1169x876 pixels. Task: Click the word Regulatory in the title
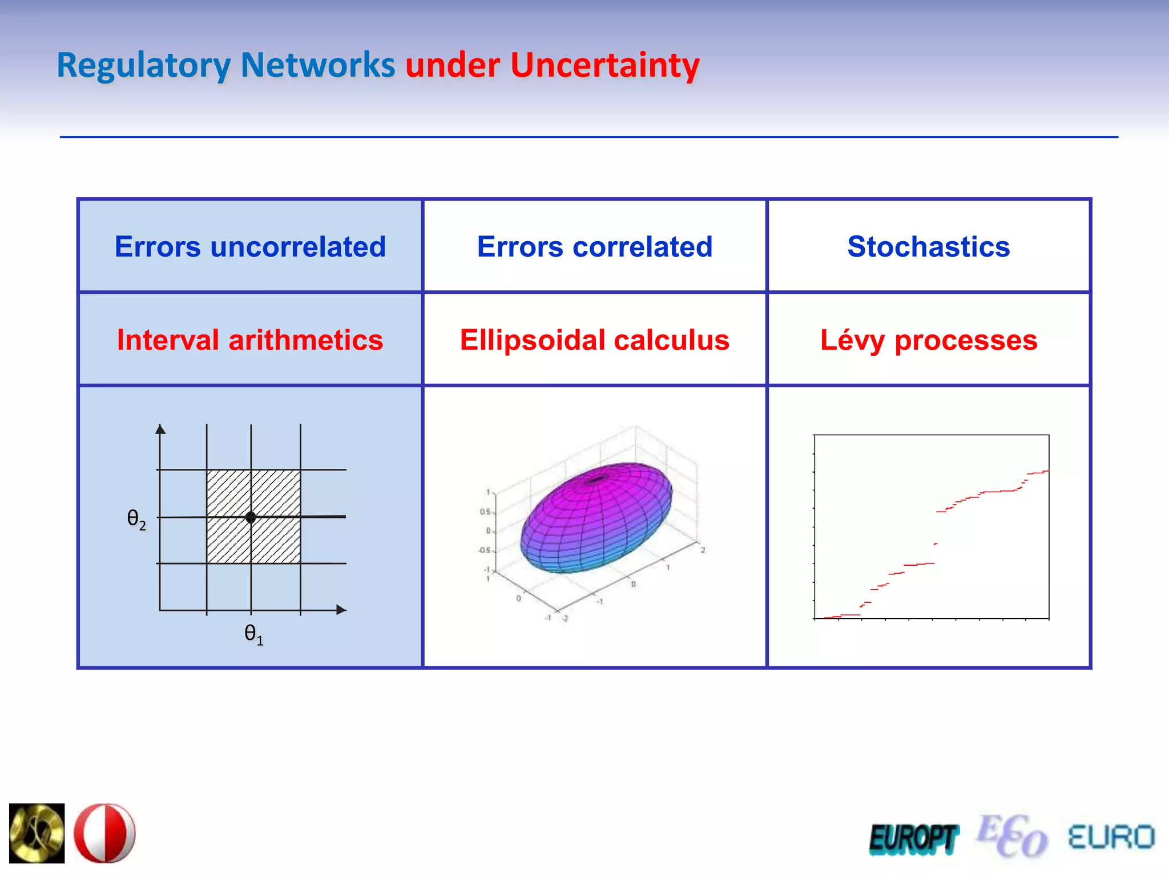pyautogui.click(x=143, y=65)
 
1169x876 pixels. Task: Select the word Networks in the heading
pyautogui.click(x=317, y=65)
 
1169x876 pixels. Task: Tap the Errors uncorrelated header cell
pyautogui.click(x=250, y=246)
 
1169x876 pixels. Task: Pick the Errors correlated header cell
pyautogui.click(x=595, y=246)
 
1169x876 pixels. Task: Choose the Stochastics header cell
pyautogui.click(x=929, y=246)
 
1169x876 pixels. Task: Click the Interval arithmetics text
pyautogui.click(x=250, y=340)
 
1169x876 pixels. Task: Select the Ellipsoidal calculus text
pyautogui.click(x=595, y=340)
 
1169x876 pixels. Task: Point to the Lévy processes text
pyautogui.click(x=929, y=340)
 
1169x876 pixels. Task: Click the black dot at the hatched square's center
pyautogui.click(x=251, y=517)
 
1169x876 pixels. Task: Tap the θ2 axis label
pyautogui.click(x=136, y=519)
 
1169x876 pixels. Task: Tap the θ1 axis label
pyautogui.click(x=253, y=634)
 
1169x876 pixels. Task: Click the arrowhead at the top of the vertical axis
pyautogui.click(x=160, y=429)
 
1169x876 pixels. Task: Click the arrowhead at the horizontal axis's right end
pyautogui.click(x=341, y=610)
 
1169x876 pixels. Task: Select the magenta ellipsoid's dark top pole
pyautogui.click(x=596, y=479)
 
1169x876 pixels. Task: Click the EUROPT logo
pyautogui.click(x=913, y=838)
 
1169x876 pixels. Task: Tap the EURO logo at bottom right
pyautogui.click(x=1111, y=837)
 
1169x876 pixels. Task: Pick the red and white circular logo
pyautogui.click(x=105, y=833)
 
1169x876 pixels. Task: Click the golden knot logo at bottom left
pyautogui.click(x=37, y=833)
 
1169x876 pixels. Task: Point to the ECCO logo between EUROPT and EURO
pyautogui.click(x=1012, y=836)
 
